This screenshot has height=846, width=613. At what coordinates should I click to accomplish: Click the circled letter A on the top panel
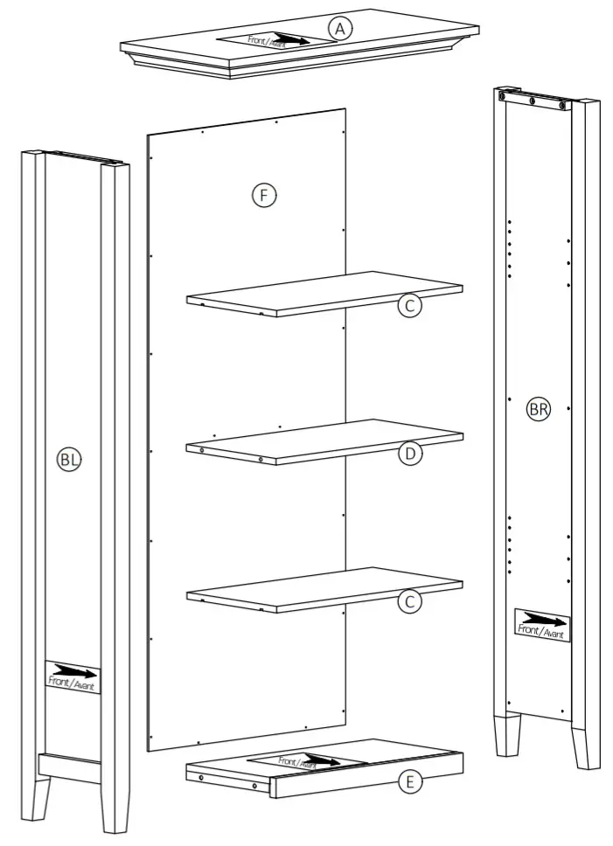coord(340,29)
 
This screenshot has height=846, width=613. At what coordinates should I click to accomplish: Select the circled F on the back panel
coord(263,195)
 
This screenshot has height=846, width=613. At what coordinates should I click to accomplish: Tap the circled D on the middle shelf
coord(409,454)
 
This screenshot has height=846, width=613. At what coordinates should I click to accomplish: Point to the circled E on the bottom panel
coord(409,782)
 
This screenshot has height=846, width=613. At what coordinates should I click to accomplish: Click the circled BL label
coord(69,459)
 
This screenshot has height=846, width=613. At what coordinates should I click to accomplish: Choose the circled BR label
coord(539,409)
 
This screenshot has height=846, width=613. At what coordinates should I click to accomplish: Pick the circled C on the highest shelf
coord(409,305)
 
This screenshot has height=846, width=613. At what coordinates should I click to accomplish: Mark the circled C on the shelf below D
coord(409,602)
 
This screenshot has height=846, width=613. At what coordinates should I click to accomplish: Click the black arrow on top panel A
coord(289,38)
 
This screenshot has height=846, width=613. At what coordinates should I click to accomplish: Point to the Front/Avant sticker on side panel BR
coord(542,624)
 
